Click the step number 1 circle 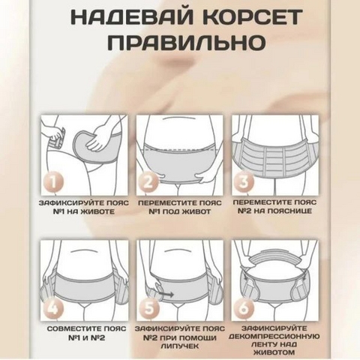pyautogui.click(x=52, y=182)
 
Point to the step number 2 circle pyautogui.click(x=148, y=182)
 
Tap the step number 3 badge pyautogui.click(x=243, y=182)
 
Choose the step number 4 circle pyautogui.click(x=52, y=308)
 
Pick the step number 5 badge pyautogui.click(x=148, y=308)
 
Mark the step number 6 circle pyautogui.click(x=243, y=308)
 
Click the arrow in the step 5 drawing pyautogui.click(x=166, y=295)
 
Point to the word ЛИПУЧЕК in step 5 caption pyautogui.click(x=180, y=346)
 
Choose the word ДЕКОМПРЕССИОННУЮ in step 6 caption pyautogui.click(x=274, y=337)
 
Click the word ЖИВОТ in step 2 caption pyautogui.click(x=197, y=211)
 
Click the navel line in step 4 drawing pyautogui.click(x=85, y=250)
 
